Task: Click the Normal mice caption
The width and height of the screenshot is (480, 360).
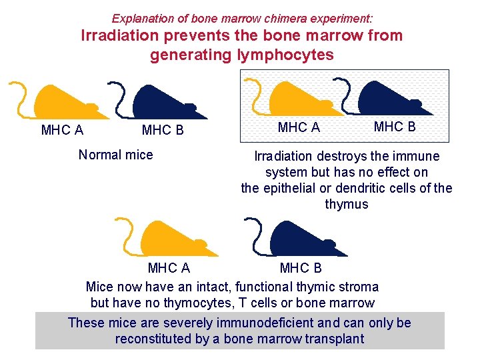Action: pyautogui.click(x=115, y=155)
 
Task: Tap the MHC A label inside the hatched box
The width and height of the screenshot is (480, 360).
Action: pyautogui.click(x=299, y=127)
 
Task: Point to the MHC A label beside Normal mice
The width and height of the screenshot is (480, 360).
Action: pyautogui.click(x=62, y=130)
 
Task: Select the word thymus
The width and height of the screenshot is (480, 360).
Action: pyautogui.click(x=346, y=204)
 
